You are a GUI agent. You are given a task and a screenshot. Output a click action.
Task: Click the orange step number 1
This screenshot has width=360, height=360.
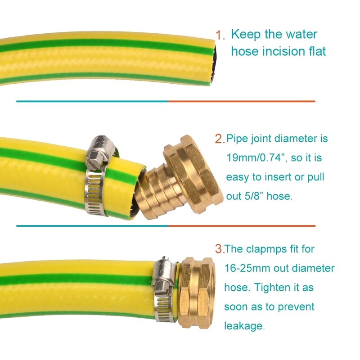pyautogui.click(x=220, y=35)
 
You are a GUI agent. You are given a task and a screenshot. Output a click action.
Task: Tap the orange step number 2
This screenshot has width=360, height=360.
pyautogui.click(x=220, y=139)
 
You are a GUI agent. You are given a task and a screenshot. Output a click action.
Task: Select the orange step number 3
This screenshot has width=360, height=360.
pyautogui.click(x=219, y=248)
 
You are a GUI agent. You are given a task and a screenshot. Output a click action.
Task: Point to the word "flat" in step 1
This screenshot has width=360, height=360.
pyautogui.click(x=315, y=51)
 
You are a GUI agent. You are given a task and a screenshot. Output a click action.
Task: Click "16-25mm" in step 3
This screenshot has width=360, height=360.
pyautogui.click(x=249, y=269)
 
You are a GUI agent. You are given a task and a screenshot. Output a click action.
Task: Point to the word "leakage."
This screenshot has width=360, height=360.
pyautogui.click(x=244, y=326)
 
